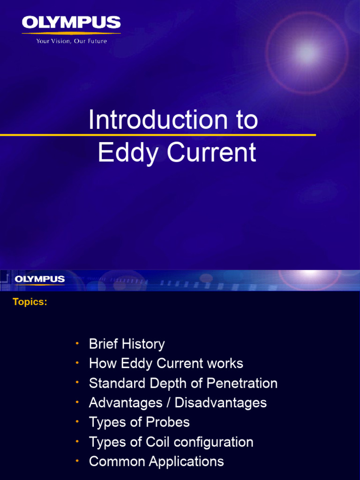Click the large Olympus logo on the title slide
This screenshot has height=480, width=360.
(71, 22)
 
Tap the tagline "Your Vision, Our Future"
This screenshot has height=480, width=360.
(71, 41)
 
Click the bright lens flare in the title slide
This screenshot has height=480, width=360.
(306, 53)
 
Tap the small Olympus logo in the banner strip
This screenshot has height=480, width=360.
(40, 279)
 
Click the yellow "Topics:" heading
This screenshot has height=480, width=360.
(30, 302)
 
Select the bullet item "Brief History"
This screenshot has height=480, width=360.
(127, 344)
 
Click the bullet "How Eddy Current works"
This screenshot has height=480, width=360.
(166, 364)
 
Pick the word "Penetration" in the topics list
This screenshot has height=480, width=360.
(242, 383)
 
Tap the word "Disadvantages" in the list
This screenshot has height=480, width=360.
(221, 403)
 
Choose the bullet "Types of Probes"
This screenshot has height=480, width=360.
(139, 422)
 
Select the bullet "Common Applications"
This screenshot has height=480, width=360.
(156, 462)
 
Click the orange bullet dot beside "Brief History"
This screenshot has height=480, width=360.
(76, 344)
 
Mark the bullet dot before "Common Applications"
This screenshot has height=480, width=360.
(76, 461)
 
